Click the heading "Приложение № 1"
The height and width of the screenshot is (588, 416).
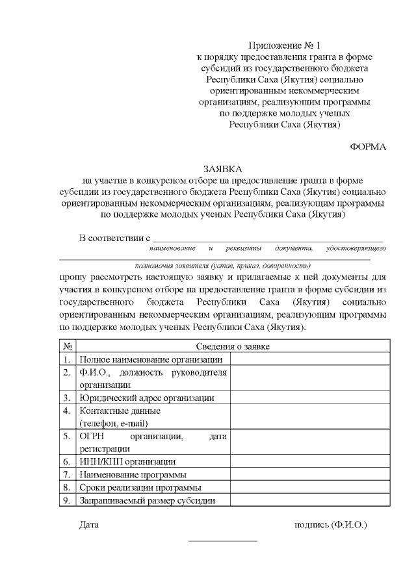click(x=285, y=45)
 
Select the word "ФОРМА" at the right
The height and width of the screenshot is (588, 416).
click(x=368, y=147)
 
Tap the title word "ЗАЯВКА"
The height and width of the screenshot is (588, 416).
click(x=223, y=168)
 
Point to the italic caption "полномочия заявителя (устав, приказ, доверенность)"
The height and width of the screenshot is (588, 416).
click(x=223, y=265)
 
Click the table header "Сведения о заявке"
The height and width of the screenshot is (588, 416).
click(x=232, y=346)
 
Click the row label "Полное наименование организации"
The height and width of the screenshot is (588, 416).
click(x=151, y=359)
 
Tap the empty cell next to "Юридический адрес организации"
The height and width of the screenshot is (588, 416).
click(x=309, y=398)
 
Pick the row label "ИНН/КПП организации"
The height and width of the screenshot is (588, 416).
click(x=127, y=461)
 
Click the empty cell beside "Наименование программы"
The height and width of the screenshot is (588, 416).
click(x=309, y=474)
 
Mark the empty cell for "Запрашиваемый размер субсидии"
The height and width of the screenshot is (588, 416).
click(x=309, y=500)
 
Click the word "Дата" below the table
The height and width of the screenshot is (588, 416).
click(x=89, y=524)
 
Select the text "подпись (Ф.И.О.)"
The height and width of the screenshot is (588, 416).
click(x=331, y=524)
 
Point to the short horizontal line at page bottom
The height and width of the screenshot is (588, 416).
click(x=223, y=541)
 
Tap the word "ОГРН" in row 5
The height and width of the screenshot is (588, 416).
click(x=92, y=436)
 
